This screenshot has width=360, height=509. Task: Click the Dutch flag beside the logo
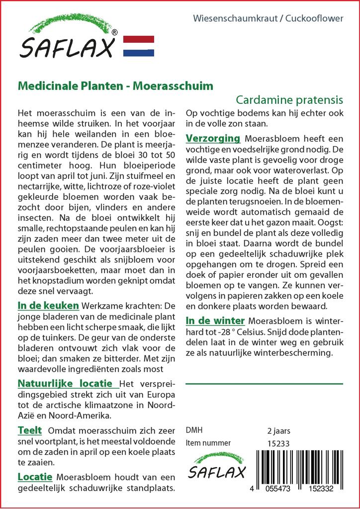(x=138, y=46)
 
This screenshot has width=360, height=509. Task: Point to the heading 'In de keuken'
(x=48, y=305)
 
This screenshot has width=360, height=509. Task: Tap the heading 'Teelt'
(x=30, y=430)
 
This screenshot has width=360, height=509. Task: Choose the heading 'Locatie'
(x=35, y=477)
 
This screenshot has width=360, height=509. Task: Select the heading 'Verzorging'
(x=213, y=138)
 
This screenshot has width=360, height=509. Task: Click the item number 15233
(x=278, y=443)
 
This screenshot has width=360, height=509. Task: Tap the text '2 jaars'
(x=278, y=430)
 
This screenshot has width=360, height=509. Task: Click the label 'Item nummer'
(x=208, y=443)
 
